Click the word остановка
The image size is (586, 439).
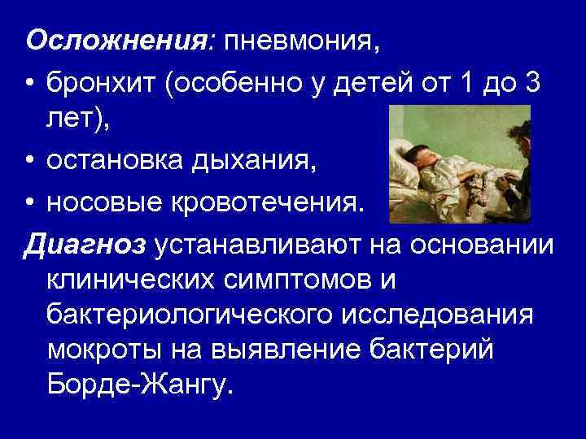tap(119, 163)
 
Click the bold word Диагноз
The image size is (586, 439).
tap(85, 243)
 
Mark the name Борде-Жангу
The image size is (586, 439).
tap(139, 384)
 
